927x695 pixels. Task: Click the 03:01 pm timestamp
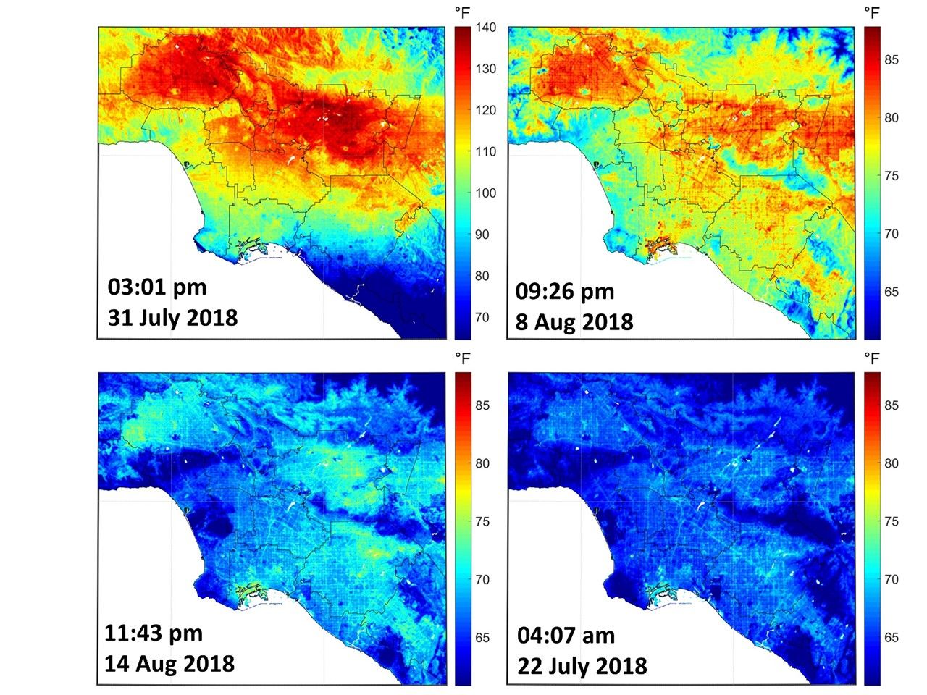point(157,287)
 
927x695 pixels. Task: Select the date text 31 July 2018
point(172,318)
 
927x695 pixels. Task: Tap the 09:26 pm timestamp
point(565,292)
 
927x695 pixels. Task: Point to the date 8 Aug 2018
point(574,321)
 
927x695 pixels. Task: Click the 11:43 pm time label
point(154,633)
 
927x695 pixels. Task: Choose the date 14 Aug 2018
point(169,663)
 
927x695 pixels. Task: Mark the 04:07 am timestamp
point(566,636)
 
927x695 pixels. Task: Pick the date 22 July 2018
point(582,665)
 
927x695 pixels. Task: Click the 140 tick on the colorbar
point(486,28)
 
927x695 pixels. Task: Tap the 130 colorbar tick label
point(486,69)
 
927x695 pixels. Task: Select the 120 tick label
point(486,110)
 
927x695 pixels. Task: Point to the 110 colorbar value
point(486,151)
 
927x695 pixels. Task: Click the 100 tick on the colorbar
point(486,193)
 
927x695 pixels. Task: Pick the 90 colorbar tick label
point(482,235)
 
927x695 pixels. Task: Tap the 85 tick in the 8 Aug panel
point(891,60)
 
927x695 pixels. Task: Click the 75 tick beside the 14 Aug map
point(482,521)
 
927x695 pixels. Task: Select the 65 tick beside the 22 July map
point(891,638)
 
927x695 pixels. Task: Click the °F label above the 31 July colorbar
point(463,12)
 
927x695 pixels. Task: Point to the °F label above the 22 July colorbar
point(872,358)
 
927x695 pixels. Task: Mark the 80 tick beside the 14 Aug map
point(482,463)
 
